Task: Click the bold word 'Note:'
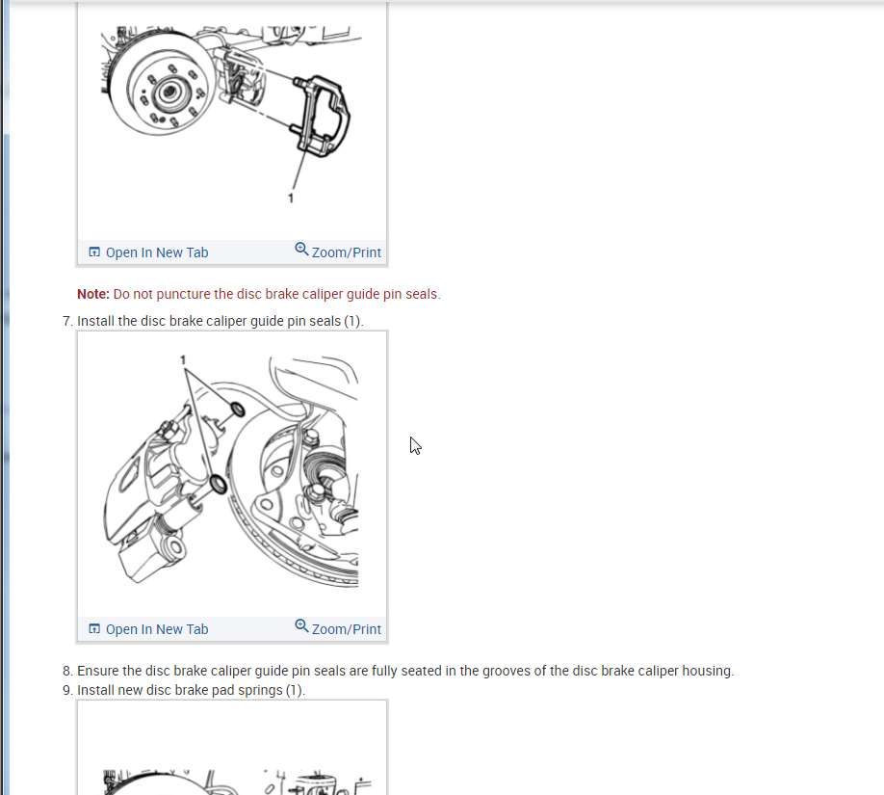point(93,294)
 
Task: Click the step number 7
point(66,321)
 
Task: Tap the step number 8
point(66,671)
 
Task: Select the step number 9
point(66,690)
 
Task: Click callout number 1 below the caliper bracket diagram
point(291,199)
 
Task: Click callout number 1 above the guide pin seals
point(183,360)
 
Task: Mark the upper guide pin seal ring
point(238,410)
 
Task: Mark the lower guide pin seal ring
point(218,484)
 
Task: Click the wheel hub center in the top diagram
point(169,92)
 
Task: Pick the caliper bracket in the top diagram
point(320,116)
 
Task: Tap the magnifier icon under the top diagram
point(301,249)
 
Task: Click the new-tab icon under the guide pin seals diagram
point(94,628)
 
